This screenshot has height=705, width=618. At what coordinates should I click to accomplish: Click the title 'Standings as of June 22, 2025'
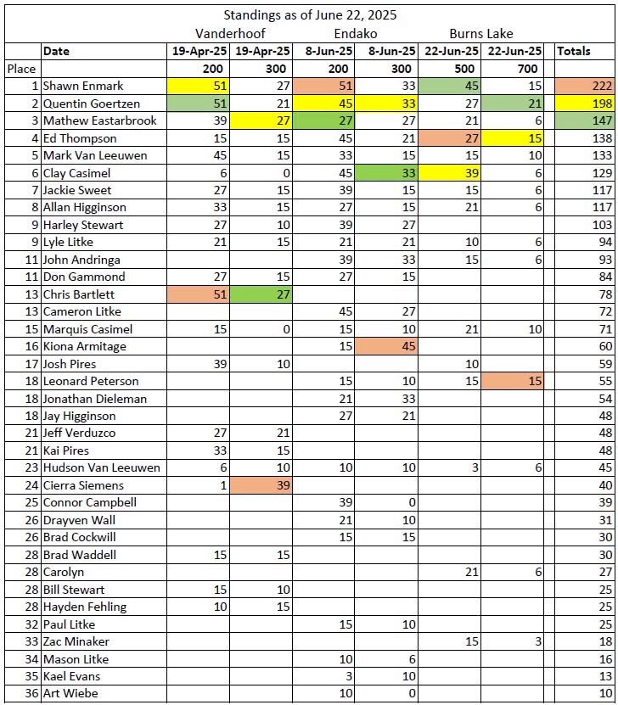310,14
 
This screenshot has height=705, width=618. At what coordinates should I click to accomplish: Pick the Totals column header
574,51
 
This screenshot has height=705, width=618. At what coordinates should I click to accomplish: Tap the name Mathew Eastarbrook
99,120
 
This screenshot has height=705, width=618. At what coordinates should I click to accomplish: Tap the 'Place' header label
21,69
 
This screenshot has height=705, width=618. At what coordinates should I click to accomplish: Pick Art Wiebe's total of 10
582,694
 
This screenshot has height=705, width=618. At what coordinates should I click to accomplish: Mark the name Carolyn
64,572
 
